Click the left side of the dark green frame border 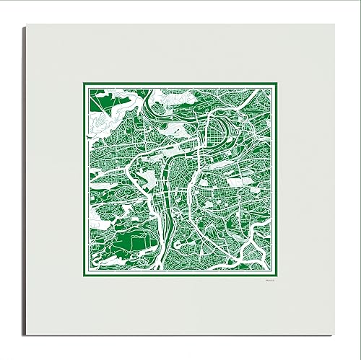point(83,180)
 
